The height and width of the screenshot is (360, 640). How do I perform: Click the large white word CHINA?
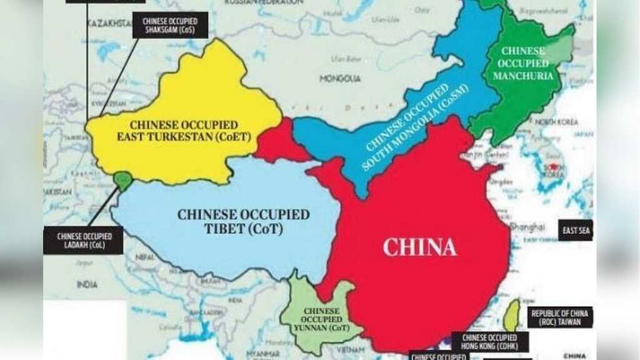pyautogui.click(x=420, y=247)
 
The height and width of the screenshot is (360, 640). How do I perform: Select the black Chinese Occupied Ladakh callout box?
pyautogui.click(x=83, y=241)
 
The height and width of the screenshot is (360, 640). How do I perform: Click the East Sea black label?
pyautogui.click(x=576, y=231)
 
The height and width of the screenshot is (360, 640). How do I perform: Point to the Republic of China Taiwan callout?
pyautogui.click(x=561, y=317)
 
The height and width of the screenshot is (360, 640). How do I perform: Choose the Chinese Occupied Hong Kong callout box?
pyautogui.click(x=490, y=342)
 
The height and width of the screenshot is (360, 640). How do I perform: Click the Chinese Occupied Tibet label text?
pyautogui.click(x=243, y=222)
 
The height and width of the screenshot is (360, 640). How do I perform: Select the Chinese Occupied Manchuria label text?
pyautogui.click(x=524, y=63)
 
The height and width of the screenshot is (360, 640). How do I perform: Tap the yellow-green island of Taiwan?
pyautogui.click(x=511, y=316)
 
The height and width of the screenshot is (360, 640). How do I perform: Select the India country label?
pyautogui.click(x=87, y=284)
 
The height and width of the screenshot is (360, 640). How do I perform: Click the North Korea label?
pyautogui.click(x=555, y=122)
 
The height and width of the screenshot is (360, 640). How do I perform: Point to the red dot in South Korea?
pyautogui.click(x=553, y=167)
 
